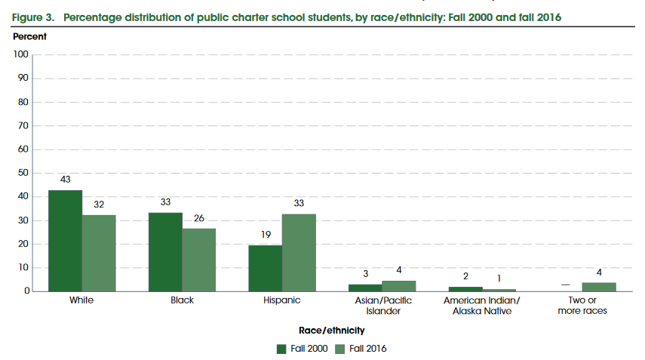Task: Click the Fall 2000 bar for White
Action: click(x=65, y=240)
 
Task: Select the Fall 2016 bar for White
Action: click(x=99, y=253)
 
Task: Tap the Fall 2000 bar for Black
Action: click(x=165, y=252)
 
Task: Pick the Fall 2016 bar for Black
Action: click(x=199, y=260)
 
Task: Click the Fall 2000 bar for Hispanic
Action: click(x=266, y=268)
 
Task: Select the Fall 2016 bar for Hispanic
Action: click(x=299, y=252)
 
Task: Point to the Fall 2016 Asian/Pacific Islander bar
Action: click(x=399, y=286)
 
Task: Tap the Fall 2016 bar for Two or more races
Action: click(x=600, y=287)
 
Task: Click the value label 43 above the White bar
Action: click(x=65, y=180)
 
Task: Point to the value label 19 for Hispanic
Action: click(x=266, y=235)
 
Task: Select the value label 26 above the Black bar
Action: click(x=199, y=219)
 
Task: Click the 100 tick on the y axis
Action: click(x=20, y=54)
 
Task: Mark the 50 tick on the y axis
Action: click(x=23, y=173)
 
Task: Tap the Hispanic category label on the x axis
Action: click(x=282, y=300)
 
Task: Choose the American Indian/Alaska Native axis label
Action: click(x=483, y=306)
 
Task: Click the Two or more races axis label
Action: click(x=583, y=306)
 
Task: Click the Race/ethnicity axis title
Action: click(x=332, y=330)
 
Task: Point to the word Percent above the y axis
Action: click(x=29, y=36)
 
